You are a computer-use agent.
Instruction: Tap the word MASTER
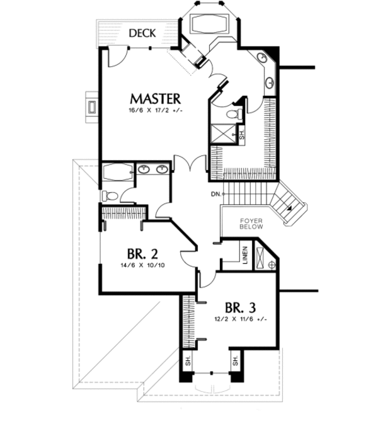(155, 99)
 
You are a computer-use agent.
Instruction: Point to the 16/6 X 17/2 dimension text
(155, 111)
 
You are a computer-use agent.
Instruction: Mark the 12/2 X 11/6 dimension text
(240, 320)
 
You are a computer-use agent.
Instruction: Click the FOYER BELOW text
(251, 224)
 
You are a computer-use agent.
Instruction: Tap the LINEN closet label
(244, 258)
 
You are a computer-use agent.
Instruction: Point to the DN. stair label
(215, 194)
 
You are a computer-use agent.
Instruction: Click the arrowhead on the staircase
(289, 207)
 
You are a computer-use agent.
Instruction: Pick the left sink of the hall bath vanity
(144, 168)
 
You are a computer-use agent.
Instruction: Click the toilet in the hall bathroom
(110, 195)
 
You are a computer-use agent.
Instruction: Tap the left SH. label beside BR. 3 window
(188, 362)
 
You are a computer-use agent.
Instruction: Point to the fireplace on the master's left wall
(91, 106)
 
